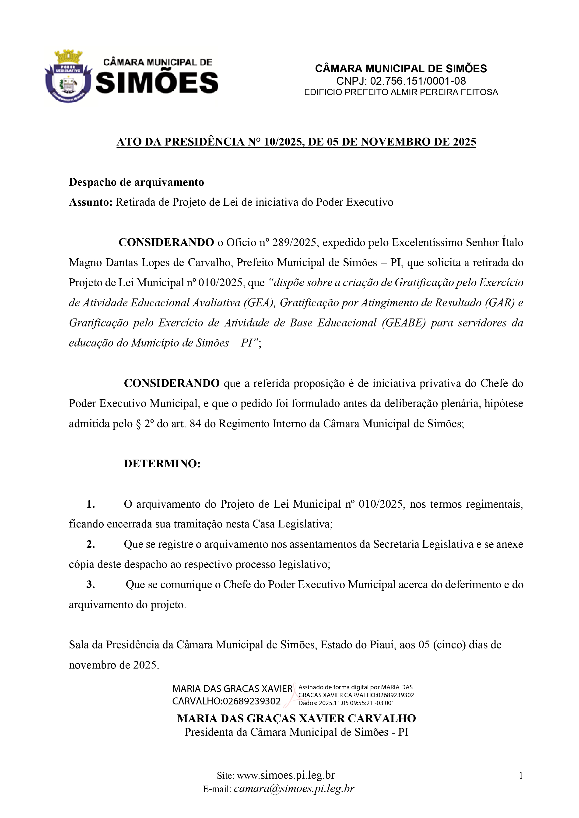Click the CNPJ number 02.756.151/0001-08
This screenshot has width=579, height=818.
418,81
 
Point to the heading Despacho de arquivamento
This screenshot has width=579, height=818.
136,182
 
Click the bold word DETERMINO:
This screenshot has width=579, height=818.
162,464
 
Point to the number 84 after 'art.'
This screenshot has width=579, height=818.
195,424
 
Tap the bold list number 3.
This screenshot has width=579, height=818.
91,584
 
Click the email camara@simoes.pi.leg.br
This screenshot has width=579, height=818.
294,789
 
